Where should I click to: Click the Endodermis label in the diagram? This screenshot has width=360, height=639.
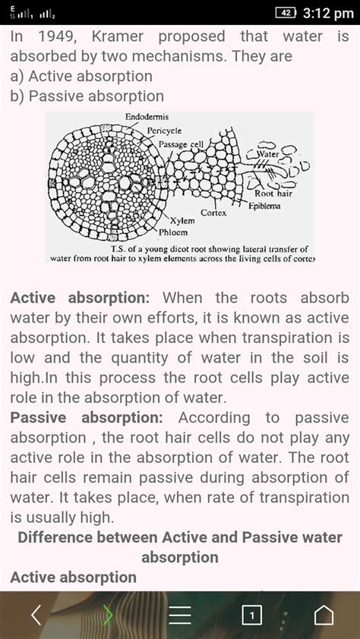coord(147,118)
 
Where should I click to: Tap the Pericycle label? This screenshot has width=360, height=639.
coord(164,131)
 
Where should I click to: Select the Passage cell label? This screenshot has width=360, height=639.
coord(181,143)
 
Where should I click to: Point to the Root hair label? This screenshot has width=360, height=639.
coord(275,194)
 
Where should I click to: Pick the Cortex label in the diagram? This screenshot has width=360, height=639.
coord(214,212)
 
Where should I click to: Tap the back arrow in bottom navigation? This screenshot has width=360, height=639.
coord(36,614)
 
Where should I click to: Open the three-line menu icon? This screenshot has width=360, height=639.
coord(180,614)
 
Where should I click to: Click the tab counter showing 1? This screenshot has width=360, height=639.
coord(251,615)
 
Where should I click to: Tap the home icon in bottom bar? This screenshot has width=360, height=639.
coord(324,614)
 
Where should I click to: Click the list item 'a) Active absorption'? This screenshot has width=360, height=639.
coord(81,76)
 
